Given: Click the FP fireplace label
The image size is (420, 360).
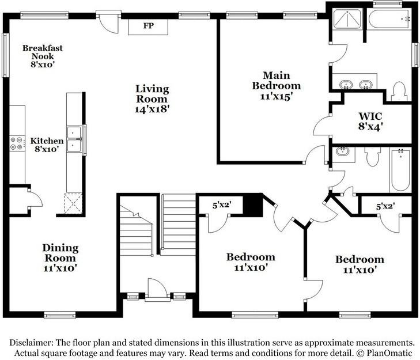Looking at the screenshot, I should (148, 26).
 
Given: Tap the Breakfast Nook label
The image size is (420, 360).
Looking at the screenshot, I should (42, 56).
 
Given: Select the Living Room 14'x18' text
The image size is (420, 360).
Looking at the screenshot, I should (152, 98).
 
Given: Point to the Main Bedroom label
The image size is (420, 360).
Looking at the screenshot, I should (276, 86).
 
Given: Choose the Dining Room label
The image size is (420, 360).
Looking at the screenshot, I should (60, 257).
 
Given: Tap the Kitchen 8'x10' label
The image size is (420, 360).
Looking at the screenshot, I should (47, 145).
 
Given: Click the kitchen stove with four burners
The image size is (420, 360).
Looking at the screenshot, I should (17, 143).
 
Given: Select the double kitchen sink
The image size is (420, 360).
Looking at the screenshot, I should (74, 139).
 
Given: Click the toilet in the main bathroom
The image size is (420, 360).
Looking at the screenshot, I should (399, 91).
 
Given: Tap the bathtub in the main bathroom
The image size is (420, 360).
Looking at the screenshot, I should (389, 18).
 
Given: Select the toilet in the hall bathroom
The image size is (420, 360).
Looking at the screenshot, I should (372, 156).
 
